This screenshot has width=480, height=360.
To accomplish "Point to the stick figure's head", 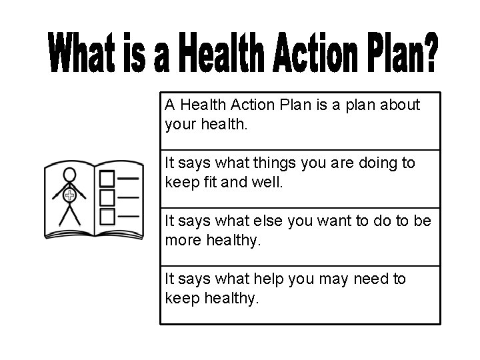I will pos(69,174).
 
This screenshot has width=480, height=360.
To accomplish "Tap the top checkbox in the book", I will pos(107,178).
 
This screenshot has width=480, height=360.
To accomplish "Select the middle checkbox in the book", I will pos(107,197).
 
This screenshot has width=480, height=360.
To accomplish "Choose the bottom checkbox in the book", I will pos(107,216).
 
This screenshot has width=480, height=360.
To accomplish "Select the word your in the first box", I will pos(181,124).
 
